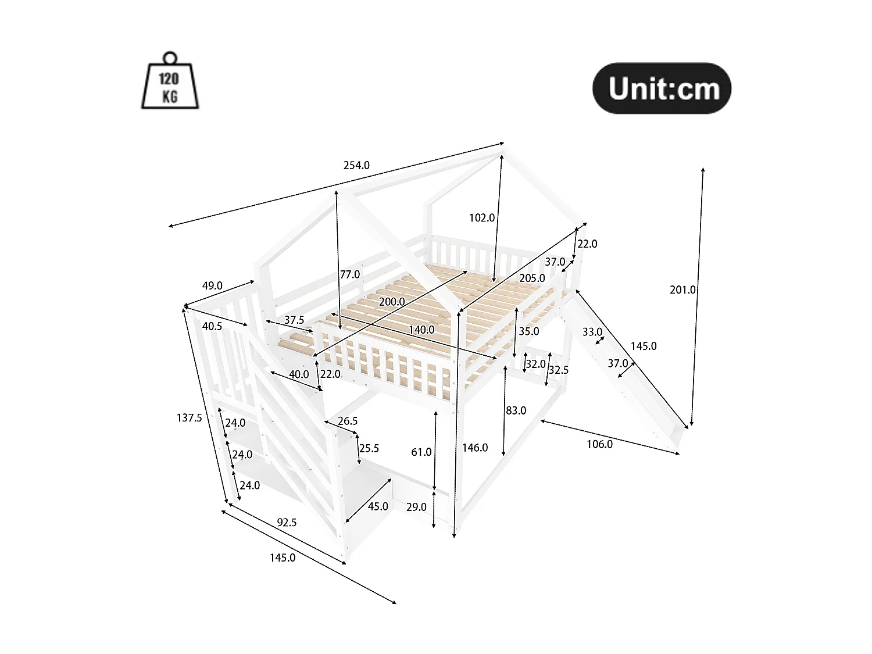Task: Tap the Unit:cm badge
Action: [662, 88]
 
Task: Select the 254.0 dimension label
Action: [356, 165]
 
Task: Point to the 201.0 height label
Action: [682, 290]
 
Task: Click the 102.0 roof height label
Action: [481, 217]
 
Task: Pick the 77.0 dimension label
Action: [350, 274]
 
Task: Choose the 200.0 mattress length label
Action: [392, 302]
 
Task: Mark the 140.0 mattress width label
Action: [421, 330]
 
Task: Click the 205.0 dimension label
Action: [532, 278]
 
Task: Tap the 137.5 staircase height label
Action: [190, 418]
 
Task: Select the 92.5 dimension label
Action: [287, 523]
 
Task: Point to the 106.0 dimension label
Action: [599, 444]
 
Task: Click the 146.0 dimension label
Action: [475, 448]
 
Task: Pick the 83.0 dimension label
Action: [516, 410]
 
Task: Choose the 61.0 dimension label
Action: [421, 452]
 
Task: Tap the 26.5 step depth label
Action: [348, 421]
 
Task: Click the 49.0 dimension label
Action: [212, 285]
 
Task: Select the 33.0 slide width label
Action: [592, 332]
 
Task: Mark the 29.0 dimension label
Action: [416, 507]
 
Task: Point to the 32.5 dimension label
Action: [559, 370]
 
